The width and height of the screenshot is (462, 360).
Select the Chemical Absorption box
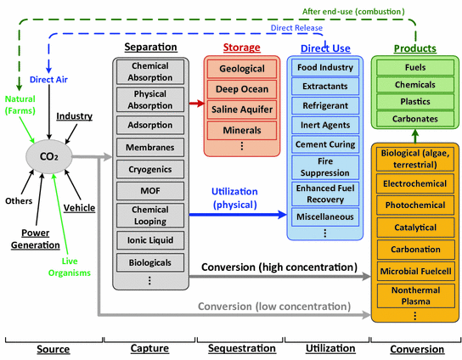click(x=150, y=72)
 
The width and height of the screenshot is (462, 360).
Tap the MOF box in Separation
click(x=150, y=191)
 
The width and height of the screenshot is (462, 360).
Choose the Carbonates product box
click(x=414, y=119)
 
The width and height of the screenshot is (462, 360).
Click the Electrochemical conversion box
click(x=414, y=183)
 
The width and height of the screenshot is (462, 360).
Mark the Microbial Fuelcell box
click(x=414, y=271)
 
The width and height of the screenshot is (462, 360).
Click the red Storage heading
click(x=241, y=48)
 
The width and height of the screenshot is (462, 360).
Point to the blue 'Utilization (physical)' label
click(x=234, y=198)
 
